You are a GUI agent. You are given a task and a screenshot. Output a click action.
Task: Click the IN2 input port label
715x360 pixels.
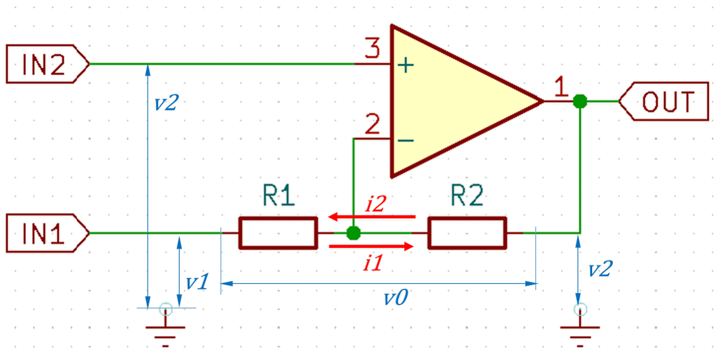(48, 64)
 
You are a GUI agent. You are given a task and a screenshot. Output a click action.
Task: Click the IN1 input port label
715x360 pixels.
(48, 233)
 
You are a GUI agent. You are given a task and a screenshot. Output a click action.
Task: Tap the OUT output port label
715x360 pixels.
(664, 101)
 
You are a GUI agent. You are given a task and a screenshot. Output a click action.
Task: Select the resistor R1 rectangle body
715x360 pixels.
(277, 233)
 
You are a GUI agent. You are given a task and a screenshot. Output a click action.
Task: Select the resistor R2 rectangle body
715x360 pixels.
(467, 233)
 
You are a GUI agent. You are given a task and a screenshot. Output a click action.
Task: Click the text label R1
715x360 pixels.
(279, 197)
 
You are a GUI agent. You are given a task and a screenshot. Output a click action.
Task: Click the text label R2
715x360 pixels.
(467, 197)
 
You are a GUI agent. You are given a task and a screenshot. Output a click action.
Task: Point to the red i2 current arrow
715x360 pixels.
(373, 216)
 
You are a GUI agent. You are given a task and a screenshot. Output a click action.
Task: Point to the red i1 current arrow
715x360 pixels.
(371, 247)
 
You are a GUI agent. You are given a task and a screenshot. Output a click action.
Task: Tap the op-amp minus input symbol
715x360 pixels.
(405, 141)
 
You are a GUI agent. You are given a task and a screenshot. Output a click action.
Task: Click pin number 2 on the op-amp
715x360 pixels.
(373, 125)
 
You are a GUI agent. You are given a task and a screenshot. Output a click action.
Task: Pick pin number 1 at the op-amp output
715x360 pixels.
(561, 87)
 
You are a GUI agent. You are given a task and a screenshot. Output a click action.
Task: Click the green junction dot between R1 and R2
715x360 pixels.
(353, 233)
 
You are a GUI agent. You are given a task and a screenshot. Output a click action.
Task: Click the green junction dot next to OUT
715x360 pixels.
(580, 101)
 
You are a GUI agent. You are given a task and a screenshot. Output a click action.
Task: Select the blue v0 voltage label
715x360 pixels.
(395, 298)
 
